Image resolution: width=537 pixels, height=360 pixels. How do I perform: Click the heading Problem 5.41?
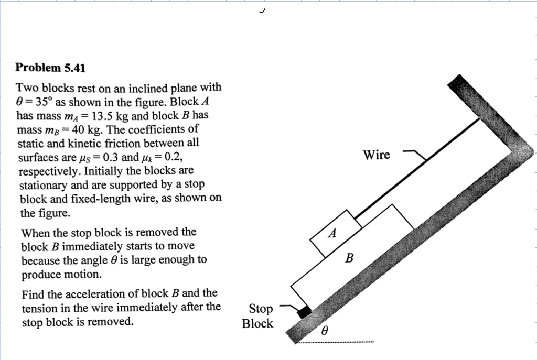point(50,68)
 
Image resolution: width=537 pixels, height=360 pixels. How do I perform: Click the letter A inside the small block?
point(332,234)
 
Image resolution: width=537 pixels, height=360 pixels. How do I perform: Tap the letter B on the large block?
point(350,258)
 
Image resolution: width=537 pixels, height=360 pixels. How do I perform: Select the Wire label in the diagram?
point(377,155)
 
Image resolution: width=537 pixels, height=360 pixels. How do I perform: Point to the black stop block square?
point(304,313)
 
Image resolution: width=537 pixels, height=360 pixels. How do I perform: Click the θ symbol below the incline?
point(325,331)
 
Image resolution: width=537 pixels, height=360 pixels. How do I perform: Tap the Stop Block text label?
point(257,316)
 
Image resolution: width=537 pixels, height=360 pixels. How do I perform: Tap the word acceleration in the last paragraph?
point(120,293)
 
